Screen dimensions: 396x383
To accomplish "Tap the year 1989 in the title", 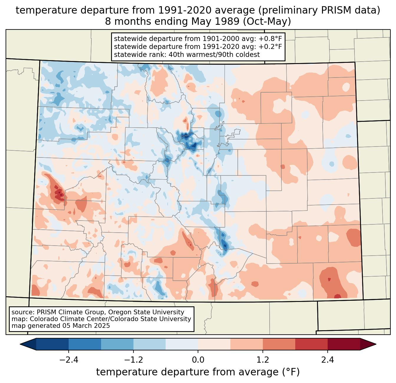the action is (x=229, y=22).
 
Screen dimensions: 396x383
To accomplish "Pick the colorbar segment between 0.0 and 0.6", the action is (x=214, y=344).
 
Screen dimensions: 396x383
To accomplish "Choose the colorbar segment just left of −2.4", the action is (x=52, y=344).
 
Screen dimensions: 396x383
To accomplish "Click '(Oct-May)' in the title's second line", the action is (x=267, y=22).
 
